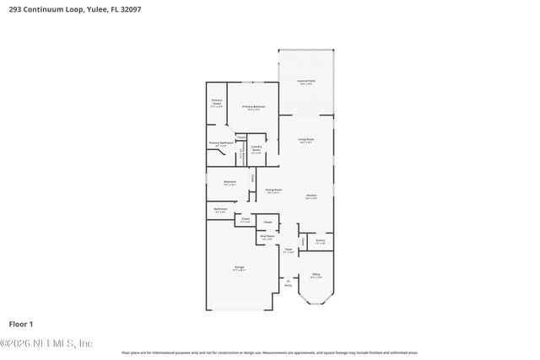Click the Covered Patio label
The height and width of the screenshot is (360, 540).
[x=305, y=82]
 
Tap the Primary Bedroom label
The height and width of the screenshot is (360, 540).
[x=253, y=107]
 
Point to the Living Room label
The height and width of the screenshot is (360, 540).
[x=305, y=140]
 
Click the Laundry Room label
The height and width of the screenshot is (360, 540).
[x=256, y=149]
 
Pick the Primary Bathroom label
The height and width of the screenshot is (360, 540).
[x=221, y=143]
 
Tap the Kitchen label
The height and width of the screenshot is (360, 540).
[x=310, y=196]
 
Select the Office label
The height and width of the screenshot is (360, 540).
[x=316, y=275]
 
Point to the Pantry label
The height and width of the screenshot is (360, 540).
[x=320, y=242]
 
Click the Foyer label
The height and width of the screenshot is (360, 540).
[x=288, y=250]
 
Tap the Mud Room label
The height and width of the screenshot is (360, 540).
[x=267, y=238]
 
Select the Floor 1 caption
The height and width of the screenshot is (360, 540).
[x=20, y=324]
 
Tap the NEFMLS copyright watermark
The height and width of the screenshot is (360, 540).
[x=46, y=343]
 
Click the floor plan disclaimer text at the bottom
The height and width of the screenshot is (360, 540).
[x=269, y=352]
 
